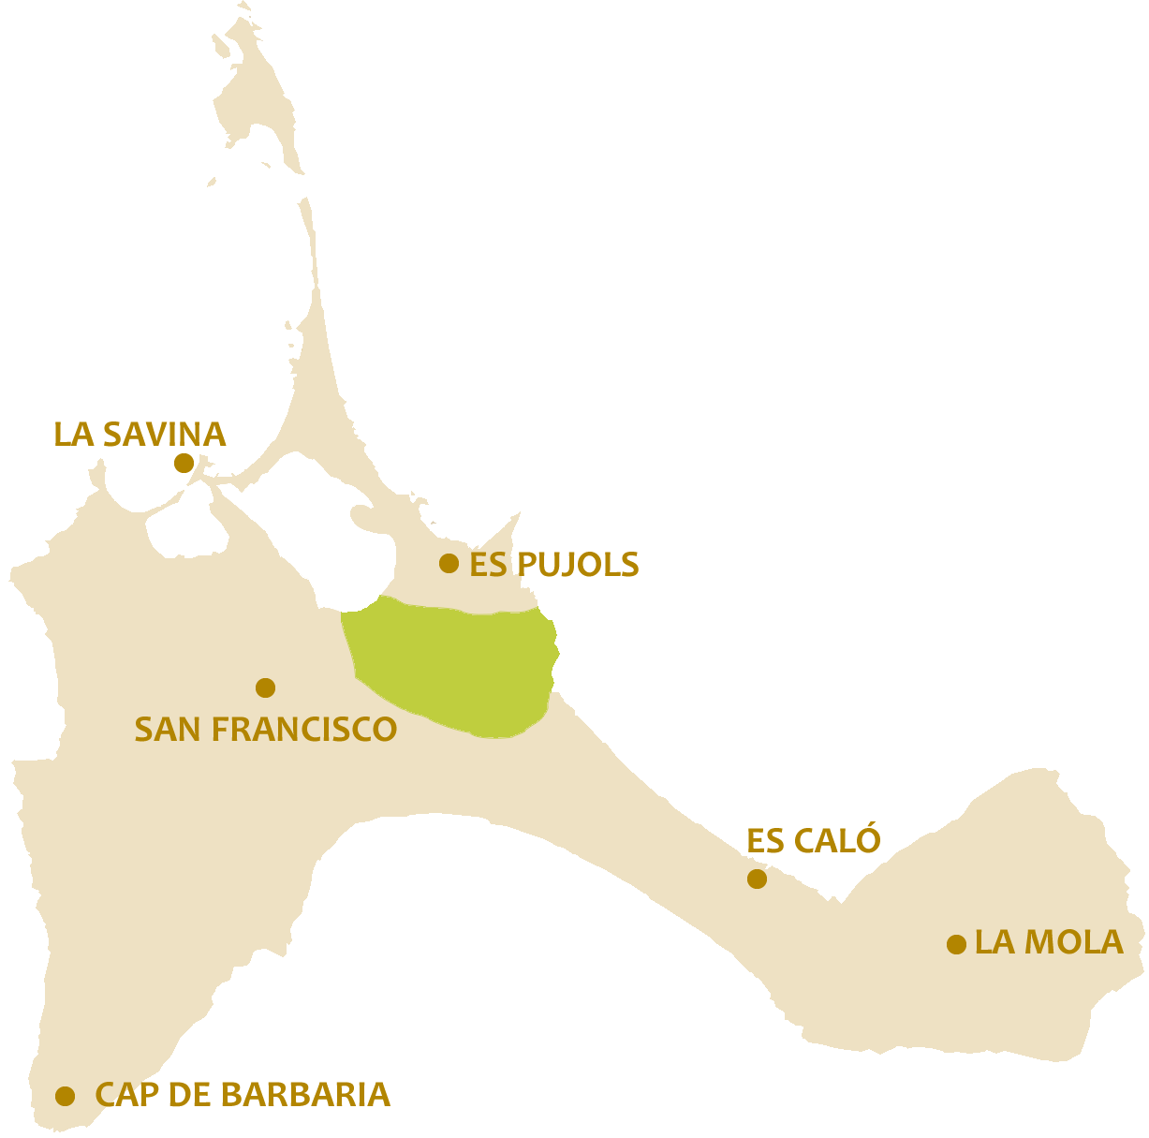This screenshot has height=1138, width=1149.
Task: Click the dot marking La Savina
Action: tap(184, 463)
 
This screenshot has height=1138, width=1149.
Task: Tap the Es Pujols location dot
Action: tap(449, 563)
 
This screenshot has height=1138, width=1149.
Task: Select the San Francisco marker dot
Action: tap(265, 687)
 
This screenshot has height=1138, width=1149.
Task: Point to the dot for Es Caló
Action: tap(757, 879)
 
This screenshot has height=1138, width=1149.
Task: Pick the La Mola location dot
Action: tap(956, 944)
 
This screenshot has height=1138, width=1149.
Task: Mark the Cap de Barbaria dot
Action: tap(65, 1096)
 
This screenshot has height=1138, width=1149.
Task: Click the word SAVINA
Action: tap(164, 435)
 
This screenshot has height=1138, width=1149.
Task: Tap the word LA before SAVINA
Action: tap(74, 435)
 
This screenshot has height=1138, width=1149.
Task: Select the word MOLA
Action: tap(1071, 942)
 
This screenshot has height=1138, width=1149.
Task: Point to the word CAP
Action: tap(127, 1094)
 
